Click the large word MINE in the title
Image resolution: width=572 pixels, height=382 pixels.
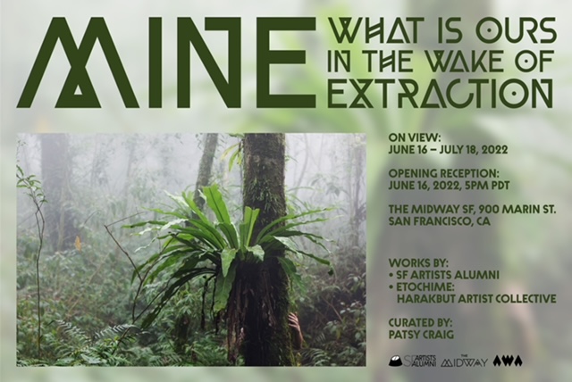click(x=165, y=62)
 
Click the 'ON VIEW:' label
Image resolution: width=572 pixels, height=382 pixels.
click(x=415, y=137)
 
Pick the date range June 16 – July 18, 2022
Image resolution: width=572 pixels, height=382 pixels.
click(x=448, y=150)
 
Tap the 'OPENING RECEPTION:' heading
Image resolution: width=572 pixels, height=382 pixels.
click(x=443, y=173)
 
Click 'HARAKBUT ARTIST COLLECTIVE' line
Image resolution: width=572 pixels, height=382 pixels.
click(x=476, y=299)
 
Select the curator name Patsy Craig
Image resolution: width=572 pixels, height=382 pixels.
click(x=421, y=335)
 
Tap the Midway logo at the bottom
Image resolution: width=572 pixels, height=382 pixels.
click(x=465, y=361)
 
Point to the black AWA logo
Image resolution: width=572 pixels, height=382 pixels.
click(x=508, y=361)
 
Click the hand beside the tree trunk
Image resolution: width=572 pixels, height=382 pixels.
click(x=295, y=325)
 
